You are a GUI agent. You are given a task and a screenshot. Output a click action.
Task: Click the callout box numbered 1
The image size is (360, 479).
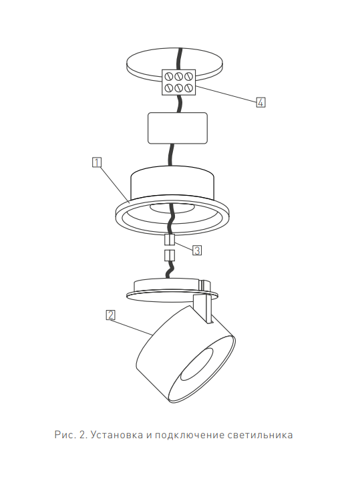tap(96, 162)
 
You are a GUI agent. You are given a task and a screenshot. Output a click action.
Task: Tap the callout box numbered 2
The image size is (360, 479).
tap(110, 315)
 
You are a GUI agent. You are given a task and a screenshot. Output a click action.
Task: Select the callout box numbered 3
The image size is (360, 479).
tap(197, 251)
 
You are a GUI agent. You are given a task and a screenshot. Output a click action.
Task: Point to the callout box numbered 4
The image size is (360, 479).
tap(260, 102)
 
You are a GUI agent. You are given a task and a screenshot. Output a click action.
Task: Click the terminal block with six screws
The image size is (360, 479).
tap(178, 82)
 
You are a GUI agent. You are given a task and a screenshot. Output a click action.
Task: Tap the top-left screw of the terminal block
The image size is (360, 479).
tap(170, 75)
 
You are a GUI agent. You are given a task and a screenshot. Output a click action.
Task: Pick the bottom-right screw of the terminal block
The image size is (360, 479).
tap(188, 88)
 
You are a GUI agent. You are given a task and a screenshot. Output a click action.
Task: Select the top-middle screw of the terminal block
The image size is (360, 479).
tap(179, 75)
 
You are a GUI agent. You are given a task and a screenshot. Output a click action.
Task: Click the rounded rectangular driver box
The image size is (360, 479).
tap(178, 128)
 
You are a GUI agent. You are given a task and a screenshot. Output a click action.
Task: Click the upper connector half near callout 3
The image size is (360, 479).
tap(170, 239)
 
